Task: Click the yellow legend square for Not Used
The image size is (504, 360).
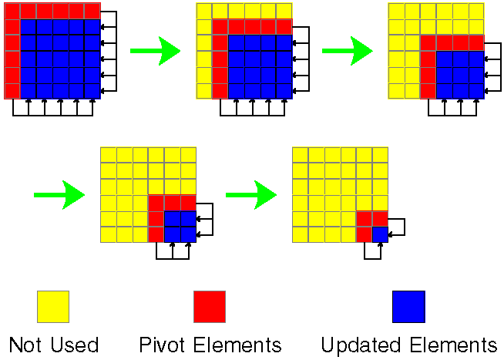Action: (53, 306)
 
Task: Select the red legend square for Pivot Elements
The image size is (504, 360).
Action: (209, 306)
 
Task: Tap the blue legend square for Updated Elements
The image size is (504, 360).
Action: (408, 306)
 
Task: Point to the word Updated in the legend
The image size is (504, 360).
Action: (358, 345)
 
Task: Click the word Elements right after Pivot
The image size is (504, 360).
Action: (235, 344)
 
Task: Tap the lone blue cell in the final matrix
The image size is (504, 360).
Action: (380, 234)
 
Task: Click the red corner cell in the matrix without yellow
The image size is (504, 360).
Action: (12, 11)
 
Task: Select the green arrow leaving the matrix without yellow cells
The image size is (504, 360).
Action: (154, 51)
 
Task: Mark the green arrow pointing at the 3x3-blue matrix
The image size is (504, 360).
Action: (346, 51)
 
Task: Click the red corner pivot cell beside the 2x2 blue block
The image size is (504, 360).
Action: (156, 203)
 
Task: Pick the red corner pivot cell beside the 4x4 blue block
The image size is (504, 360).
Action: (220, 27)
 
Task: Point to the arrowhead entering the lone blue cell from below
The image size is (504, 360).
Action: (380, 244)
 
